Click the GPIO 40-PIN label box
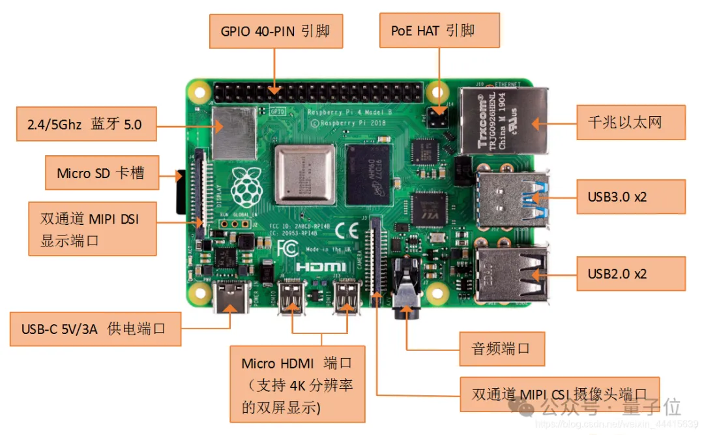(x=276, y=31)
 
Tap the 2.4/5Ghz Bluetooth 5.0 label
(x=86, y=124)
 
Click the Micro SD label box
(x=102, y=173)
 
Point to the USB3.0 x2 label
(x=630, y=196)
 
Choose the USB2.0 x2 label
(x=630, y=273)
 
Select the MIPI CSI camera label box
(x=559, y=395)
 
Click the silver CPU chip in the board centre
(x=305, y=175)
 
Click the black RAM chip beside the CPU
(x=368, y=175)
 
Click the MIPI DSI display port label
(x=93, y=228)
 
